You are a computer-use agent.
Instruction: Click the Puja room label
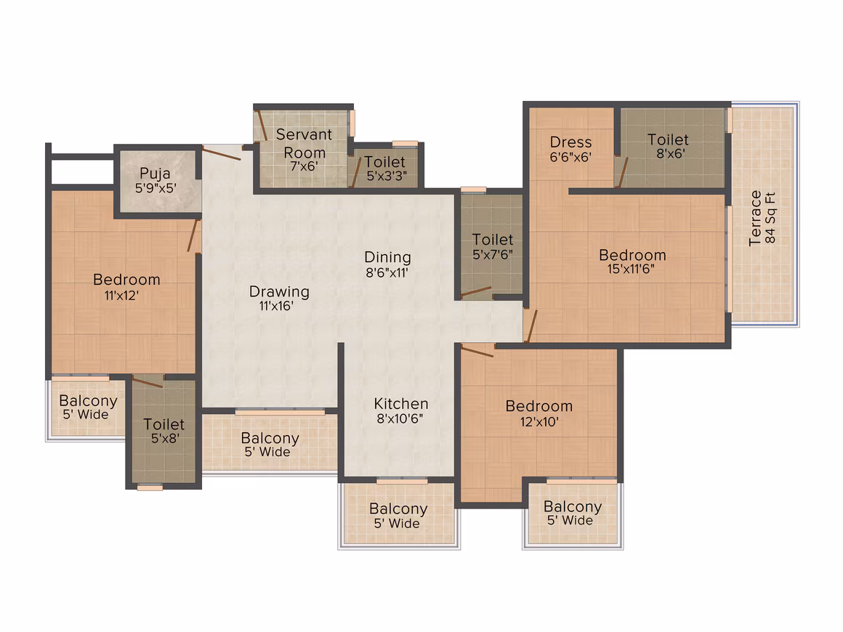point(155,174)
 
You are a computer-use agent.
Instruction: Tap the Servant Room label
point(304,144)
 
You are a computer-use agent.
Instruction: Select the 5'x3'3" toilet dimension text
point(387,176)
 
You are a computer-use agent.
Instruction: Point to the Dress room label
point(571,142)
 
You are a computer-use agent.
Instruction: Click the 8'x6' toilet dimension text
point(670,154)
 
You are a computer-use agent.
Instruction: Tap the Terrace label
point(755,218)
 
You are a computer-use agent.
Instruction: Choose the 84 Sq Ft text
point(770,218)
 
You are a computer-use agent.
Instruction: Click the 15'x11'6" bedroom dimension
point(631,270)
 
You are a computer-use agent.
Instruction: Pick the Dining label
point(387,257)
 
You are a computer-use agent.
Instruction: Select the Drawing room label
point(280,292)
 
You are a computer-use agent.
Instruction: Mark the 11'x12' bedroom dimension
point(121,295)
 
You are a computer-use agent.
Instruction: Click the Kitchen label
point(401,404)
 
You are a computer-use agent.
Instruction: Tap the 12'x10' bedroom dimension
point(539,422)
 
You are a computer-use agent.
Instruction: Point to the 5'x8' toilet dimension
point(164,439)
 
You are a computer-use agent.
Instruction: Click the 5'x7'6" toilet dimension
point(493,255)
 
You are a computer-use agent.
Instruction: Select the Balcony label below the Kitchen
point(398,509)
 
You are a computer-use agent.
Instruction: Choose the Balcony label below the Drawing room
point(270,438)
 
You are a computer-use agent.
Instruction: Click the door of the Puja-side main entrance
point(222,154)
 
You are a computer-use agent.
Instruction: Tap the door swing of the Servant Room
point(262,126)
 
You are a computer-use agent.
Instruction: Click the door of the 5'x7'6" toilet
point(476,292)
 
